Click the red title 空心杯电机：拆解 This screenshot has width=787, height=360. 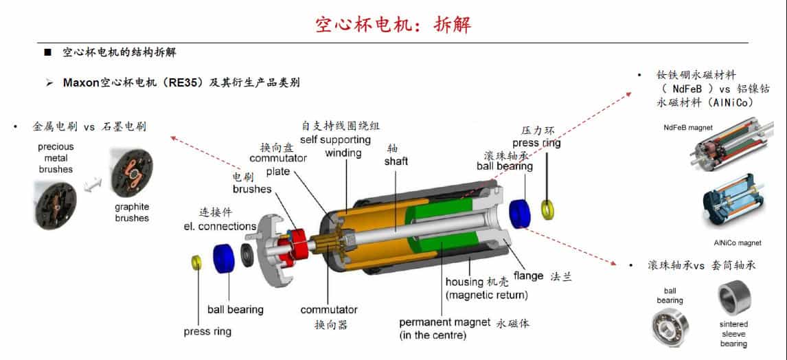[x=393, y=25]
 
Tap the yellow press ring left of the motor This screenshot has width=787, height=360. [x=195, y=262]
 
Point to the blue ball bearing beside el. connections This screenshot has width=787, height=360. [x=224, y=258]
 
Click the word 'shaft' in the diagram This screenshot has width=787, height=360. [x=396, y=161]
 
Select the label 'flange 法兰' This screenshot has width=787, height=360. [x=543, y=277]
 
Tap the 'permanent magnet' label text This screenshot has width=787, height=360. [x=445, y=322]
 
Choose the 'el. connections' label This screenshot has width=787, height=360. [x=219, y=226]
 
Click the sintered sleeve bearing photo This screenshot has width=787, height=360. [x=734, y=300]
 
